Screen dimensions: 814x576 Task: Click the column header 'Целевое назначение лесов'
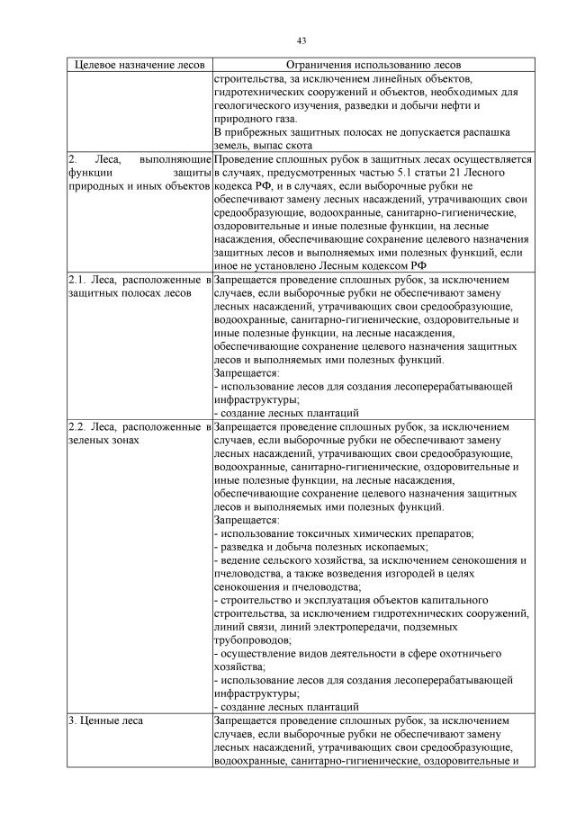click(x=139, y=66)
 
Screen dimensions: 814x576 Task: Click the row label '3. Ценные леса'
click(x=105, y=720)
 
